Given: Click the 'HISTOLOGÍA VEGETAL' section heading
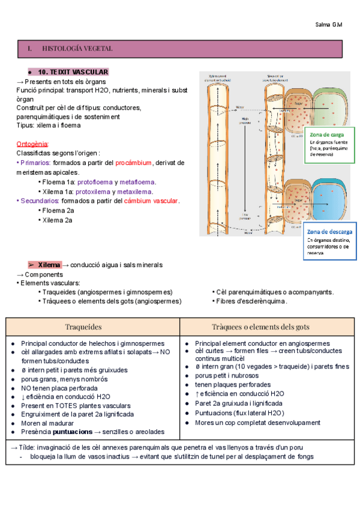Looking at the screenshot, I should (79, 48).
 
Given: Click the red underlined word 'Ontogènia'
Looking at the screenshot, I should (33, 144).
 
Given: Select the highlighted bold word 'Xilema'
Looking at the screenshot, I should (49, 265).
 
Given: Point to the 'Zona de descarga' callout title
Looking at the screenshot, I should (330, 232).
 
